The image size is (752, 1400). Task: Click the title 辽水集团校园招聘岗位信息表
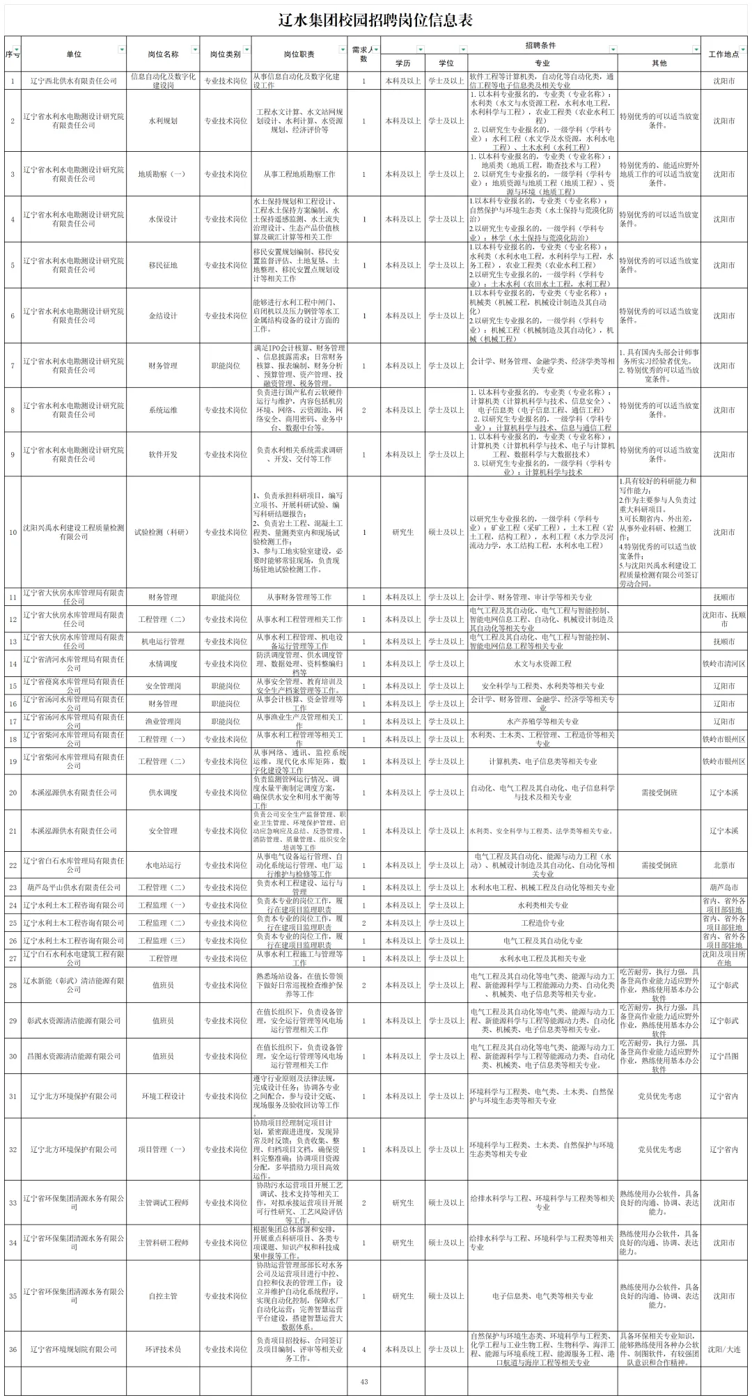(375, 20)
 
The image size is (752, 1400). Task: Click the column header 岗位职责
(299, 54)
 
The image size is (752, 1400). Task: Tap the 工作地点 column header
(723, 54)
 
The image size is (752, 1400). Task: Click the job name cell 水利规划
(163, 121)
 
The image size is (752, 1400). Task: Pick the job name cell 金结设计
(163, 316)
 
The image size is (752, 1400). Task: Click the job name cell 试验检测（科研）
(162, 532)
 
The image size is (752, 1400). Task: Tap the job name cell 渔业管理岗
(163, 722)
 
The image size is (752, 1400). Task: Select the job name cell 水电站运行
(163, 865)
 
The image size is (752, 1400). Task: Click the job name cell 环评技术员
(163, 1349)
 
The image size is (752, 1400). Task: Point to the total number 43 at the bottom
(363, 1382)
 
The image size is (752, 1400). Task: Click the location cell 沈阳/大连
(723, 1349)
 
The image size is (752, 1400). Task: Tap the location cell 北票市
(723, 865)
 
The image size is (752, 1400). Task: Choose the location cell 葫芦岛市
(723, 888)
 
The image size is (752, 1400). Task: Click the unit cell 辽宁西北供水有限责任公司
(74, 81)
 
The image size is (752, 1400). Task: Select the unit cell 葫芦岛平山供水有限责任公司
(74, 888)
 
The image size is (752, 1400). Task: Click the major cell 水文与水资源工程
(542, 664)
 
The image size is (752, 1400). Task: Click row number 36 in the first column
(13, 1349)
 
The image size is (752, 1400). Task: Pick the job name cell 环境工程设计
(163, 1096)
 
